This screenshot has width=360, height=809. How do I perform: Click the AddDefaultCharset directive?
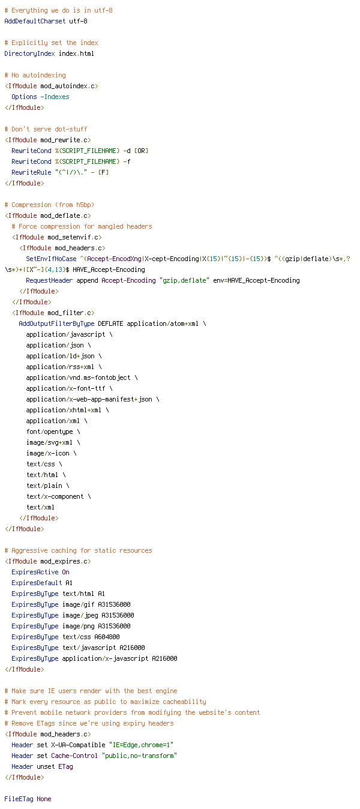pyautogui.click(x=35, y=22)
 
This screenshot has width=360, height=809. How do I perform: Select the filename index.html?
pyautogui.click(x=76, y=54)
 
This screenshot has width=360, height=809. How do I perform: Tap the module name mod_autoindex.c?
pyautogui.click(x=68, y=86)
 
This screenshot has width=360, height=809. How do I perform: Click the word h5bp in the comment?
pyautogui.click(x=83, y=205)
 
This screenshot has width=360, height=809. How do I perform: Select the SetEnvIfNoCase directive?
pyautogui.click(x=51, y=259)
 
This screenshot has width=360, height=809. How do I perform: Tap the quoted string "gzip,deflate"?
pyautogui.click(x=185, y=281)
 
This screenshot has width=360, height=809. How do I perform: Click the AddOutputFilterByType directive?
pyautogui.click(x=56, y=324)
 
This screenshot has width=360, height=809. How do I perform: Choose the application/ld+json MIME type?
pyautogui.click(x=61, y=356)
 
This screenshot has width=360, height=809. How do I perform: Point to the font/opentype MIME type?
pyautogui.click(x=49, y=432)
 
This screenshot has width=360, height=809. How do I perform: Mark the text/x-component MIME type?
pyautogui.click(x=55, y=496)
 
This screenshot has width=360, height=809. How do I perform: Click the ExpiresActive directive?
pyautogui.click(x=35, y=572)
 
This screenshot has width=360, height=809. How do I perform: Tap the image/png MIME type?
pyautogui.click(x=79, y=626)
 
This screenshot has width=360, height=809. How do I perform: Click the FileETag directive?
pyautogui.click(x=19, y=799)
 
